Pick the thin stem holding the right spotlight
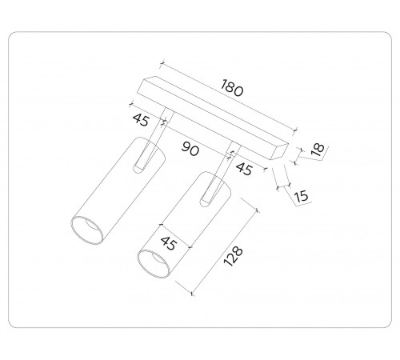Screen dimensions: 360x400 227,158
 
